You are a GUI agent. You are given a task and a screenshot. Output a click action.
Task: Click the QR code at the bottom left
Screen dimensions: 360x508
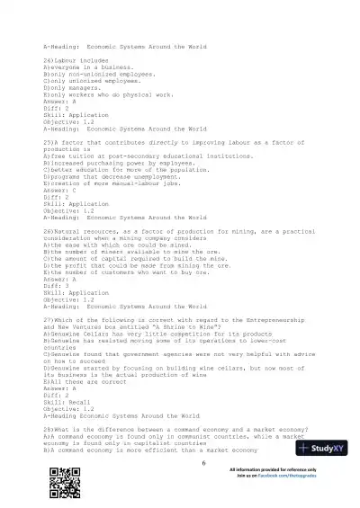pos(60,483)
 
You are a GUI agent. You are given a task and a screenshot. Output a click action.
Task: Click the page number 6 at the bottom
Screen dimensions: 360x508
pos(204,463)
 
